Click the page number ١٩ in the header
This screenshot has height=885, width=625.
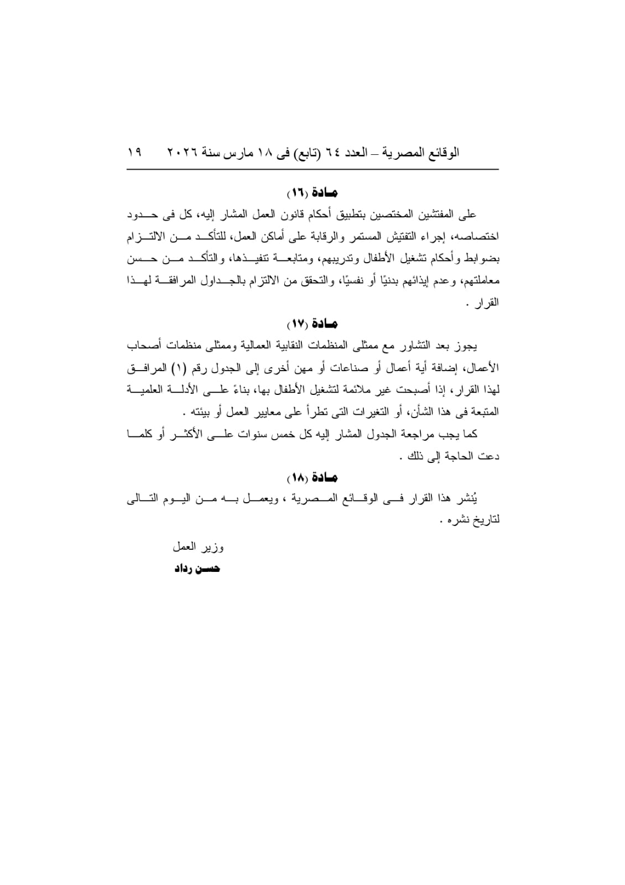point(134,152)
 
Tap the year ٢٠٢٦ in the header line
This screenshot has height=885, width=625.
point(183,152)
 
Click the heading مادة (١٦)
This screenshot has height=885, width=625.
point(312,193)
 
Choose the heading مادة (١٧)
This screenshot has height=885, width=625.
point(312,323)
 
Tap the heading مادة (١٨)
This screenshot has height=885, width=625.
point(312,477)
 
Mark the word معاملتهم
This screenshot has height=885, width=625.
point(480,281)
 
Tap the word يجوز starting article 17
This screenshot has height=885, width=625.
point(467,346)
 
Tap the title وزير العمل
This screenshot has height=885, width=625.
point(198,547)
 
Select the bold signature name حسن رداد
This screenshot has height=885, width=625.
point(197,569)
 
